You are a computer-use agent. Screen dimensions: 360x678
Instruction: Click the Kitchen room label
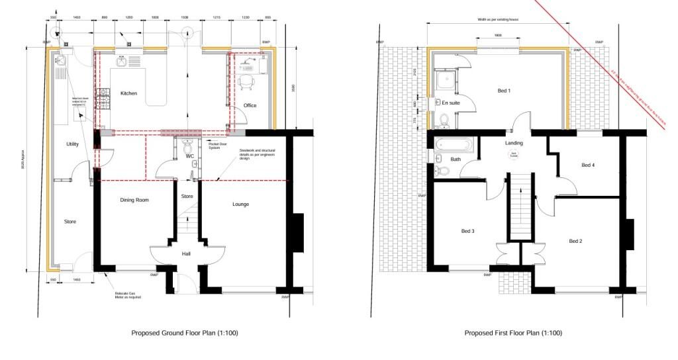click(x=128, y=93)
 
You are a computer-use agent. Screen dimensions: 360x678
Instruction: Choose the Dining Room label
click(x=134, y=199)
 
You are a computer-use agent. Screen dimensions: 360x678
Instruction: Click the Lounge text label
click(x=240, y=204)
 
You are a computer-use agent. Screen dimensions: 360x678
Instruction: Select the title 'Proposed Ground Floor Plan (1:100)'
click(x=184, y=333)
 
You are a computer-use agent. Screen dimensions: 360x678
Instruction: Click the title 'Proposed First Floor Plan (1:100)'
click(x=513, y=333)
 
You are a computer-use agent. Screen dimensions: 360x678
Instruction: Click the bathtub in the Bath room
click(x=454, y=143)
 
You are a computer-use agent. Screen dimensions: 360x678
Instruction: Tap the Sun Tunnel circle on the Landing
click(x=513, y=156)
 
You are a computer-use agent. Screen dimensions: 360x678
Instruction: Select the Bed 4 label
click(x=587, y=165)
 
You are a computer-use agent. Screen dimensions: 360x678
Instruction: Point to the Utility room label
click(x=73, y=144)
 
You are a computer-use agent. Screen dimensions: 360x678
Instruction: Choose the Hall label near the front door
click(x=187, y=253)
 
